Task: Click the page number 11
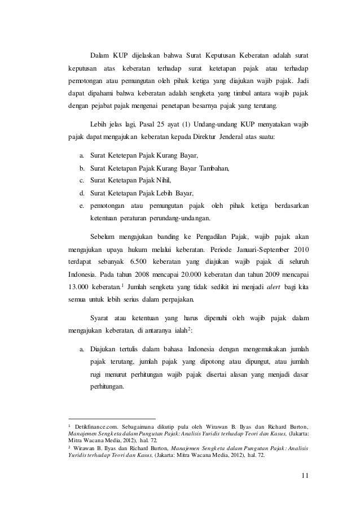[x=305, y=481]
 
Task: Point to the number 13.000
[x=80, y=287]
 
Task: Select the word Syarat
[x=101, y=319]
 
